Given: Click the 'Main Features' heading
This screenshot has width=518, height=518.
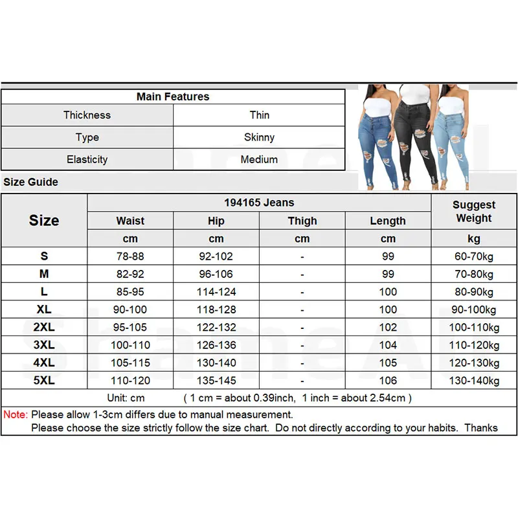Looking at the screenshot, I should click(173, 96).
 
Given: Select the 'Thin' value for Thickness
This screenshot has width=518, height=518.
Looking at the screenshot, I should click(259, 115).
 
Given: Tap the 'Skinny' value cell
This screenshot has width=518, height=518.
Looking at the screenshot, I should click(259, 137).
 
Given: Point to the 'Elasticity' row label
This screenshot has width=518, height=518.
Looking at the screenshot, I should click(87, 159).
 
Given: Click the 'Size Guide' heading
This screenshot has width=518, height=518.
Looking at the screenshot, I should click(30, 182).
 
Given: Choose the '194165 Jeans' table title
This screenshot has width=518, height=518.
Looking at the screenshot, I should click(259, 203).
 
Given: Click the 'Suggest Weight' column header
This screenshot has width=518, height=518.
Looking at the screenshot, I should click(474, 212).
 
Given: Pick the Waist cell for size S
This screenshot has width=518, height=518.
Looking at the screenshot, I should click(130, 256).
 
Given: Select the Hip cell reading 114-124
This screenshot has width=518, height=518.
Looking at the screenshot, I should click(216, 292).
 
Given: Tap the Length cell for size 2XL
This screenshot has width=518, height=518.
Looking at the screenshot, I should click(388, 328).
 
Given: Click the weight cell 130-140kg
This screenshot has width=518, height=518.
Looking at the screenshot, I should click(474, 381).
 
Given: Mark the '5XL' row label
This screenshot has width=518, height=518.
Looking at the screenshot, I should click(44, 381).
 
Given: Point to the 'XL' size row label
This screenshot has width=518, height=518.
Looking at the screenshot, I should click(44, 310).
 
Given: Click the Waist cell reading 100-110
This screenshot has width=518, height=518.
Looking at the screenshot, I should click(130, 345).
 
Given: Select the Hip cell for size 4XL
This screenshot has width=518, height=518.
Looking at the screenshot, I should click(216, 363).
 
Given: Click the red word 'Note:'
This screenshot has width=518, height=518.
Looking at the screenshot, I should click(16, 414).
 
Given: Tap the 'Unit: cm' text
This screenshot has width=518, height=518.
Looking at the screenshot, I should click(126, 398).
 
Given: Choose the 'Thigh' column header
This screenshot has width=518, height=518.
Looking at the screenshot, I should click(302, 221).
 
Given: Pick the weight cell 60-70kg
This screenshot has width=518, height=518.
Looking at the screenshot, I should click(474, 256).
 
